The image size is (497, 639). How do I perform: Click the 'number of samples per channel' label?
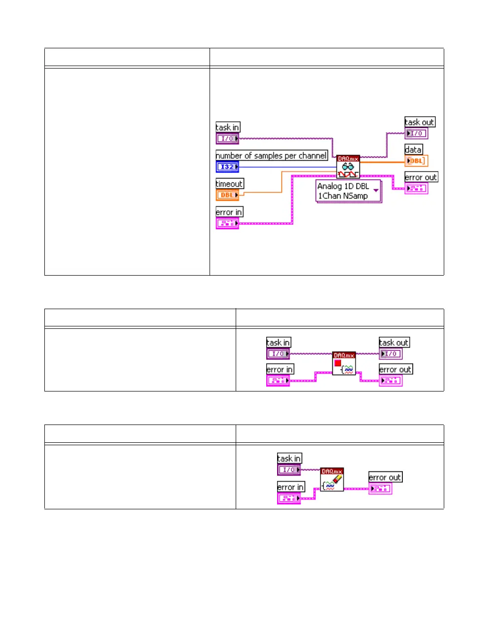coord(271,156)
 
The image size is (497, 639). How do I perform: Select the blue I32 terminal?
coord(227,167)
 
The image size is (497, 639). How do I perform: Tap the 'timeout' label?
coord(229,184)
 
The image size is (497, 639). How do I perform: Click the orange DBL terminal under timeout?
coord(227,195)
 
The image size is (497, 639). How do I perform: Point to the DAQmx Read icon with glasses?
coord(348,167)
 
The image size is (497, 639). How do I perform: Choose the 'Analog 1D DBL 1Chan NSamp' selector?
coord(348,191)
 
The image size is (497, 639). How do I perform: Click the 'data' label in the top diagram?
coord(413,149)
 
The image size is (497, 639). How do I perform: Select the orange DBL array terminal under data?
coord(416,161)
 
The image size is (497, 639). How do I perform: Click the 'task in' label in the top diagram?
coord(227,127)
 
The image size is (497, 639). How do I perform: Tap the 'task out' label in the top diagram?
coord(420,122)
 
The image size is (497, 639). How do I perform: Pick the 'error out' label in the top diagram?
coord(421,177)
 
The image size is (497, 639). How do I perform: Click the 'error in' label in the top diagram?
coord(229,212)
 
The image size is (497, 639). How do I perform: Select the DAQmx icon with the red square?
coord(344,364)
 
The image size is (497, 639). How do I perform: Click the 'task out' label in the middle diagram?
coord(394,343)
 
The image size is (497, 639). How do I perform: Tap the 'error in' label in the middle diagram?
coord(280,369)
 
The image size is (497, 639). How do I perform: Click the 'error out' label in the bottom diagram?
coord(385,477)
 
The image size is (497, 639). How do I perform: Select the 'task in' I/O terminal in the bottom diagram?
coord(289,470)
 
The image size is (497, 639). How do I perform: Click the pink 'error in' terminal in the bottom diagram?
coord(289,498)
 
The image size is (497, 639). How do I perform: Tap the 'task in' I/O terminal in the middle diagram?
coord(278,354)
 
